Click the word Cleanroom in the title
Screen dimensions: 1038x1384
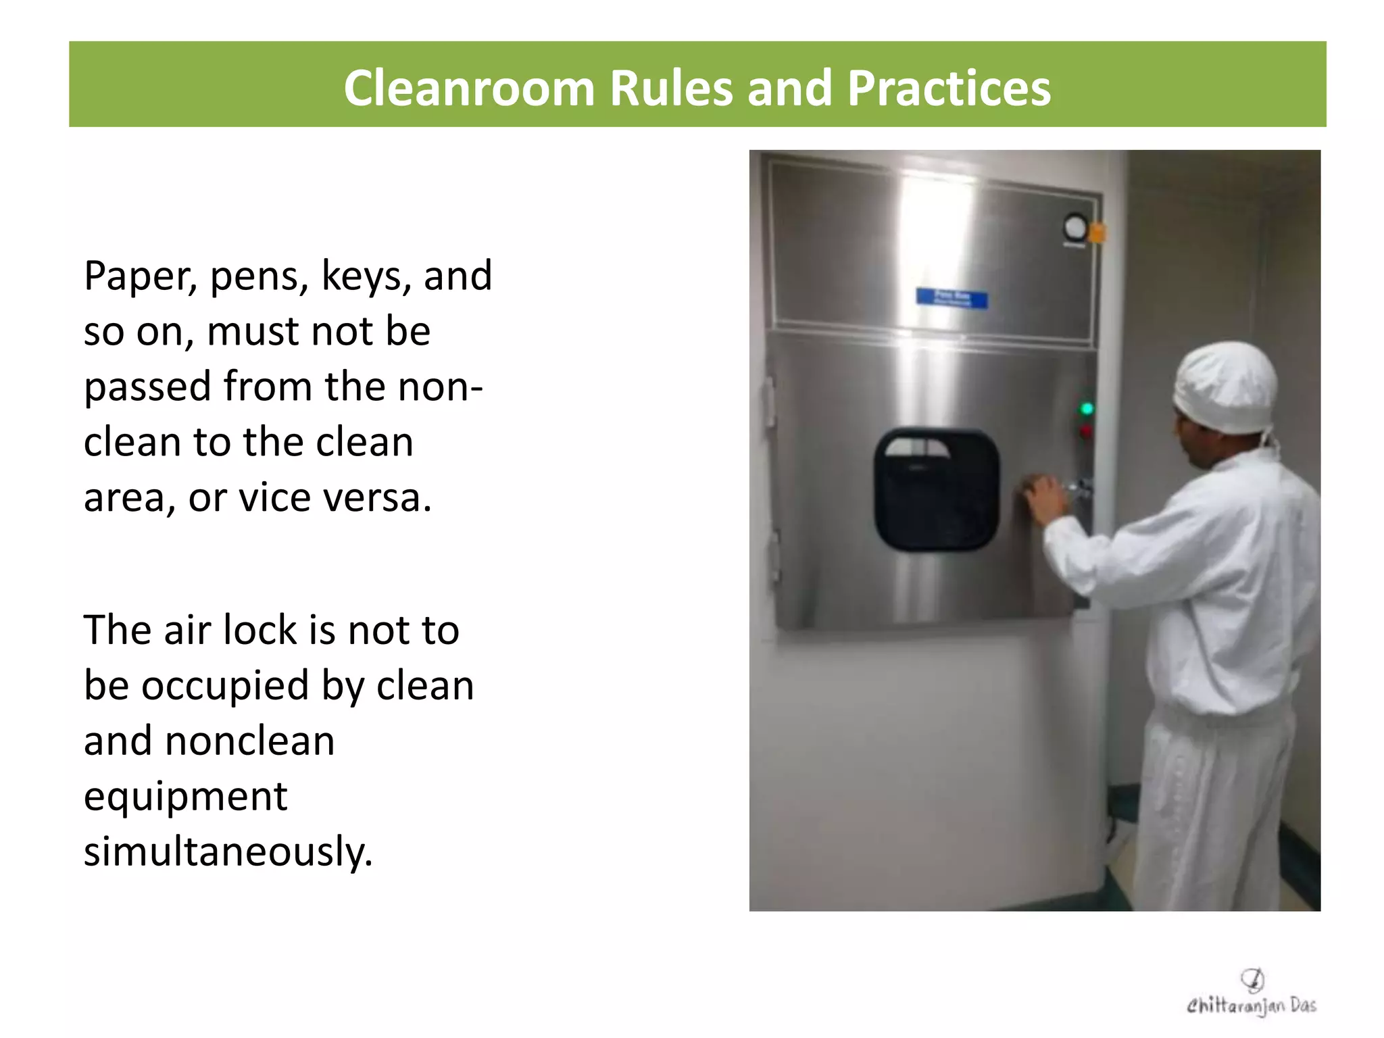(x=468, y=88)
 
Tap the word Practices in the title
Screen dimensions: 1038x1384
(x=948, y=88)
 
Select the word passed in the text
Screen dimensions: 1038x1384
(x=147, y=387)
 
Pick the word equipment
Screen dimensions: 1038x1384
(x=186, y=797)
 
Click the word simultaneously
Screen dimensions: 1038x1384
(x=228, y=851)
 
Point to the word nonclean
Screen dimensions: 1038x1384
(x=249, y=741)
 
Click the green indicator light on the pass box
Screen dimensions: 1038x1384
(x=1087, y=408)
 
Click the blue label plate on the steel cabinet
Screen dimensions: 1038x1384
(x=951, y=298)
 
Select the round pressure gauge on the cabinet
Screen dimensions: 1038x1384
(x=1074, y=227)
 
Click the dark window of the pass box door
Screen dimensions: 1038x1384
(x=936, y=489)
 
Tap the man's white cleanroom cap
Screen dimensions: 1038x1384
(x=1224, y=387)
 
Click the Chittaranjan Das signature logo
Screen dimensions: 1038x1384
(x=1252, y=995)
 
